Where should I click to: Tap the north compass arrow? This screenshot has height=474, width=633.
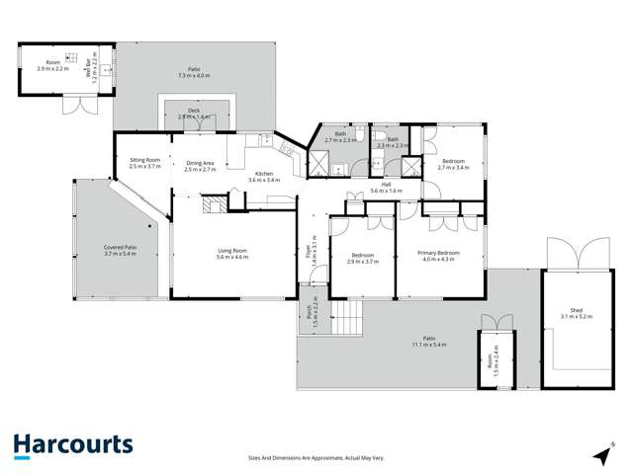click(x=600, y=453)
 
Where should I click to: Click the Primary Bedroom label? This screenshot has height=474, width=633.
click(x=437, y=253)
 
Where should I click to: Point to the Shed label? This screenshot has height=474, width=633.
click(x=573, y=309)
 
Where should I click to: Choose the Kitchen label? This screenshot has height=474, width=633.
click(x=264, y=174)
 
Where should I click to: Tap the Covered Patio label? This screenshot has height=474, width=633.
click(x=120, y=247)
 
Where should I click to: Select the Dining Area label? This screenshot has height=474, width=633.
click(x=200, y=163)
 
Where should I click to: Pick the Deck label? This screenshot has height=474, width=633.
click(x=196, y=111)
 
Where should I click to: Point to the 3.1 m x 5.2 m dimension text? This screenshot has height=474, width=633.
click(x=573, y=316)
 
